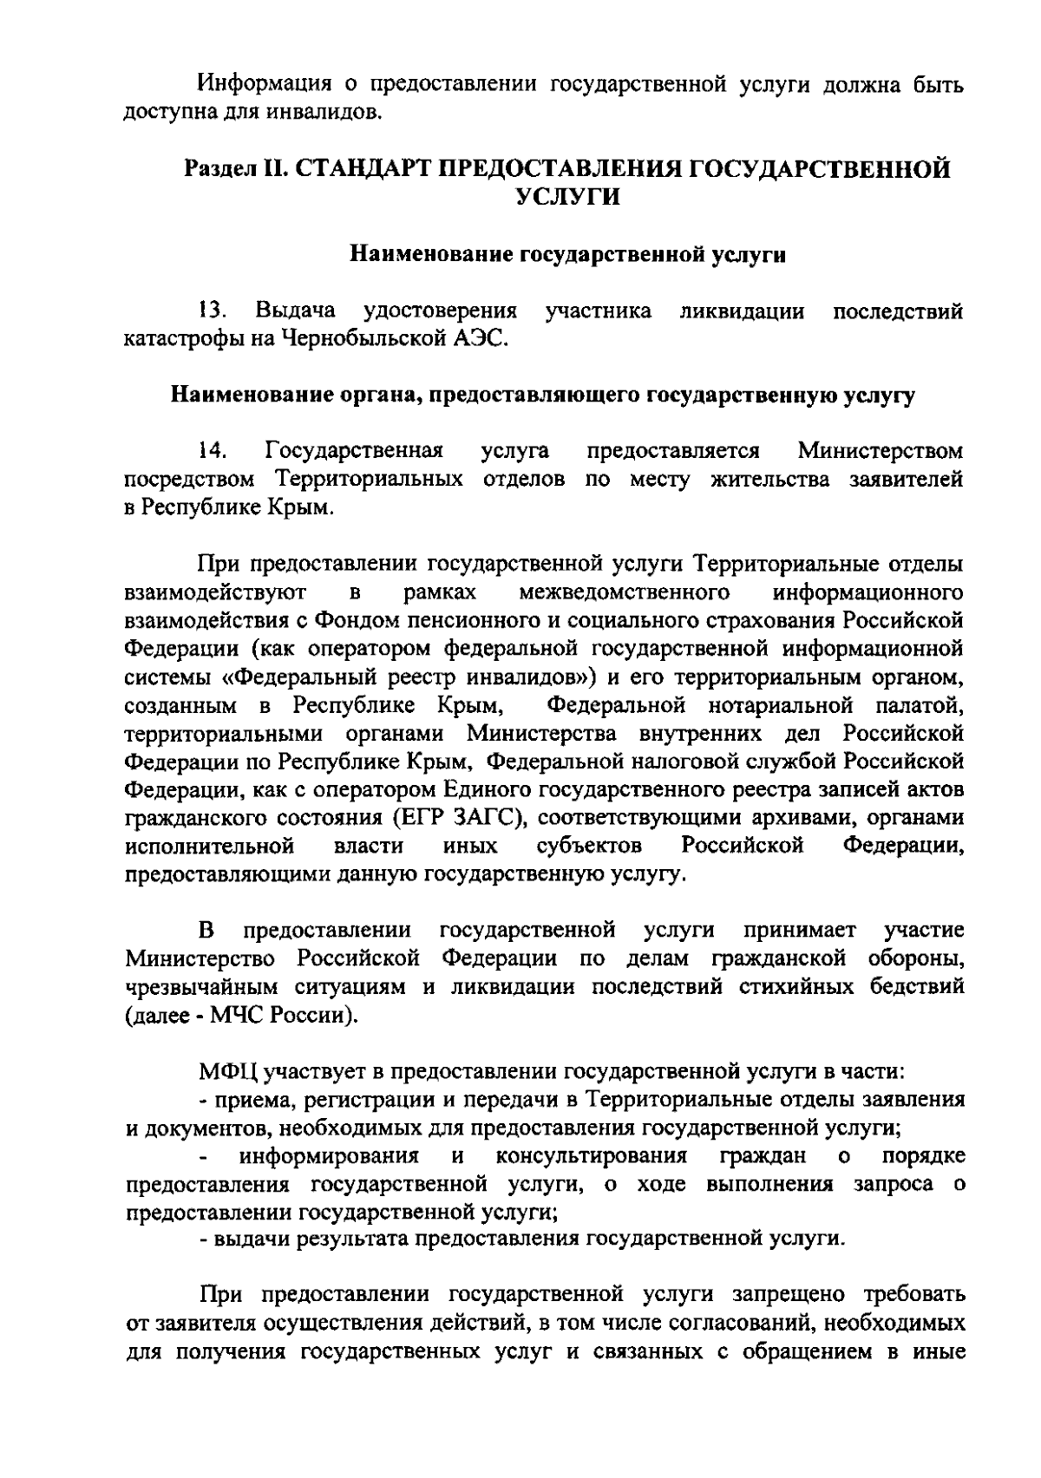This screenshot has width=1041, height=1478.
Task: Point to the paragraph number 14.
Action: [212, 451]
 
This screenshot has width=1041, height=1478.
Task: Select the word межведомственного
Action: [622, 593]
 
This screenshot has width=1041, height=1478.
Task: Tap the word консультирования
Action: [592, 1155]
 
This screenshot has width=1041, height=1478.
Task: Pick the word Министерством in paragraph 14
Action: [880, 451]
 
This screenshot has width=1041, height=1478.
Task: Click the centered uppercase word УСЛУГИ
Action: [568, 197]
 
